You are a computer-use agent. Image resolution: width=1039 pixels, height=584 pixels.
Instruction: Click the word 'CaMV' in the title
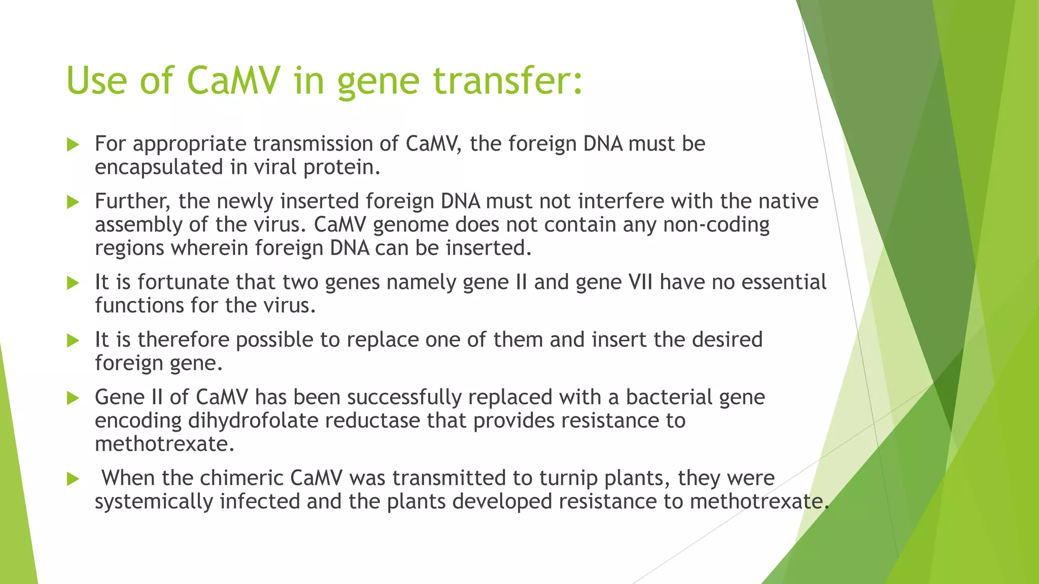[233, 81]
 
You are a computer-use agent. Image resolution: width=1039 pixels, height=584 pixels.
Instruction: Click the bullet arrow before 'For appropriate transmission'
[73, 145]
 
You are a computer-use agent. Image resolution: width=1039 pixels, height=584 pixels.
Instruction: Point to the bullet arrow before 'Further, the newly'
[73, 202]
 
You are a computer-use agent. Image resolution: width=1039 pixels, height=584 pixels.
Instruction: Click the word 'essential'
[784, 282]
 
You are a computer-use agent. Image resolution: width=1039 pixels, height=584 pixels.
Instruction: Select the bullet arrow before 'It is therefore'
[73, 341]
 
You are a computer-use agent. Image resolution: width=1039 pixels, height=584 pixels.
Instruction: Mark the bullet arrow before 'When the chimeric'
[73, 479]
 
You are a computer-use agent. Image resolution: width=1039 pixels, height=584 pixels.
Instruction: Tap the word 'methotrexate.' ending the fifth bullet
[165, 444]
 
